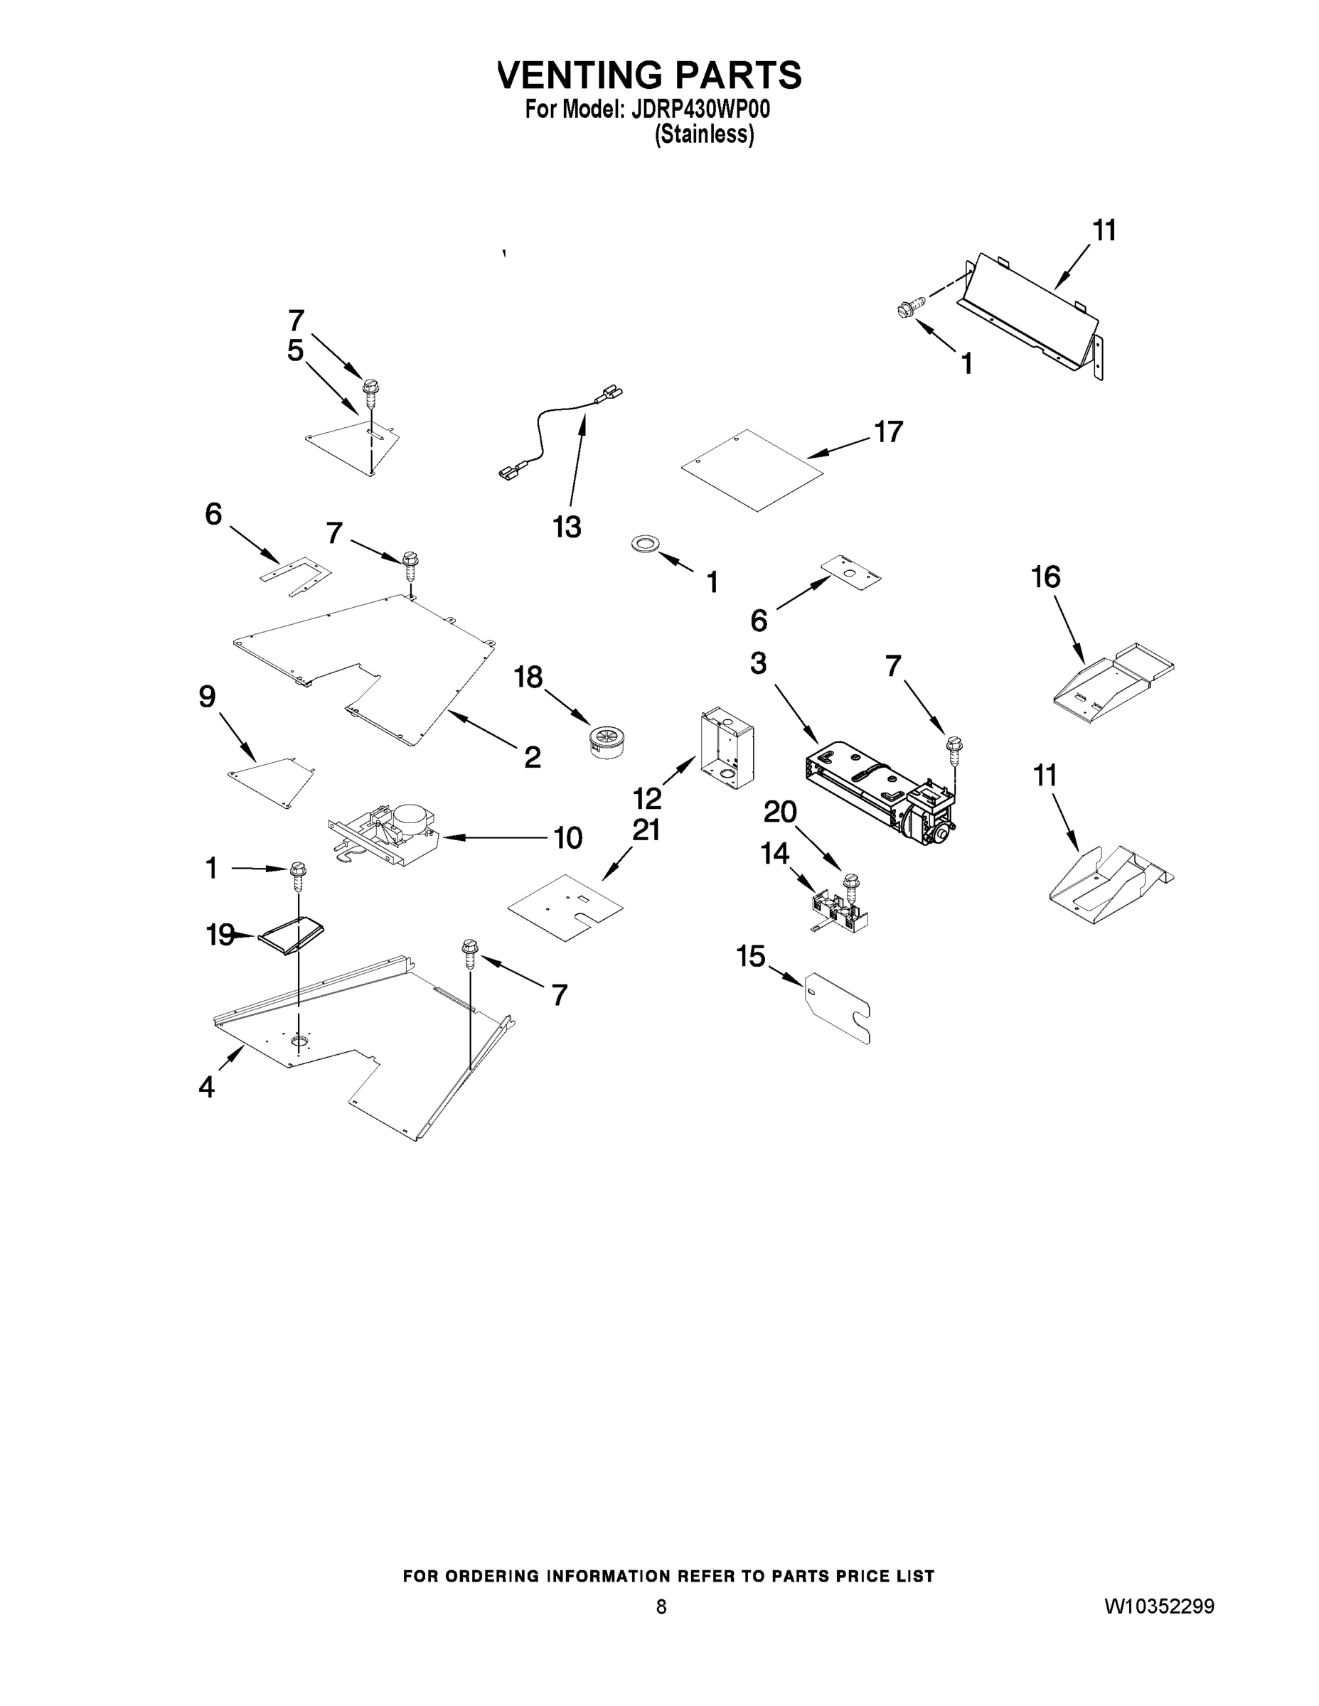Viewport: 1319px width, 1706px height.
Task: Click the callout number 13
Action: pyautogui.click(x=567, y=527)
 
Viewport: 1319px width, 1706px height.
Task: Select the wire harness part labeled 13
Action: pyautogui.click(x=547, y=434)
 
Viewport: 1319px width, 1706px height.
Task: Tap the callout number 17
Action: pyautogui.click(x=888, y=431)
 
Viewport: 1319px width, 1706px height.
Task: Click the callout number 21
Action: pyautogui.click(x=646, y=830)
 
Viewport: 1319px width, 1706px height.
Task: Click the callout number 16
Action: pyautogui.click(x=1045, y=577)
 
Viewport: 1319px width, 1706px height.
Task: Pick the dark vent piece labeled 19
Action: pyautogui.click(x=293, y=935)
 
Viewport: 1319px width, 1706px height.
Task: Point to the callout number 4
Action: pyautogui.click(x=206, y=1087)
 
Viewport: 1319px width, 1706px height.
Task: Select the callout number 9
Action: pyautogui.click(x=207, y=696)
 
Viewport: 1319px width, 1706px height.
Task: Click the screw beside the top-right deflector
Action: pyautogui.click(x=911, y=307)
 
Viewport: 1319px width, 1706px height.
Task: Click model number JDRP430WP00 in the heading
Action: pyautogui.click(x=700, y=109)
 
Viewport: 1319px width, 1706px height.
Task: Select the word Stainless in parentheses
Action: pyautogui.click(x=705, y=135)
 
